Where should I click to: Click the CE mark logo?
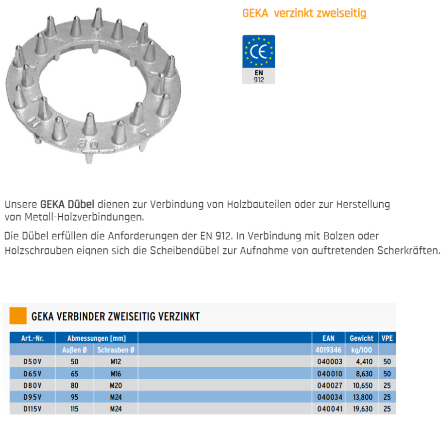click(x=258, y=52)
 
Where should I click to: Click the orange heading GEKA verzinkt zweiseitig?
click(x=304, y=13)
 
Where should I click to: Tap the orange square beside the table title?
click(x=18, y=316)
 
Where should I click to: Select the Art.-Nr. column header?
click(x=33, y=338)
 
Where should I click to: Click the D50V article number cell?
click(x=33, y=361)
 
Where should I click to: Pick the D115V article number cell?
click(x=33, y=409)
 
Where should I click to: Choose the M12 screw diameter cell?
click(x=116, y=361)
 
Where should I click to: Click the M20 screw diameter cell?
click(x=116, y=385)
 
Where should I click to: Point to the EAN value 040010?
click(x=329, y=373)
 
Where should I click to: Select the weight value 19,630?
click(x=362, y=409)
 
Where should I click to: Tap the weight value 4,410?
click(x=363, y=361)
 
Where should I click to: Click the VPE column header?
click(x=387, y=338)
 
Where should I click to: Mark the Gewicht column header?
click(x=361, y=338)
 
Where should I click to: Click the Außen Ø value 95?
click(x=75, y=397)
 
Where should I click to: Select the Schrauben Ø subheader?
click(x=116, y=350)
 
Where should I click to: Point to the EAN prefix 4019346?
click(x=329, y=350)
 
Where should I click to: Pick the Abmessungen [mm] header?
click(x=96, y=338)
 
